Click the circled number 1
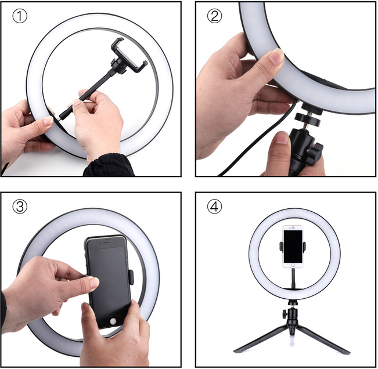[20, 16]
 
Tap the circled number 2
[215, 16]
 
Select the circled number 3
[20, 207]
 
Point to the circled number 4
[215, 207]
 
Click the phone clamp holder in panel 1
[128, 56]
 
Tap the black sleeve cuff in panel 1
[109, 165]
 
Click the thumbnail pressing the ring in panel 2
[276, 56]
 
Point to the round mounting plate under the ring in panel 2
[308, 119]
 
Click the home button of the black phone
[113, 321]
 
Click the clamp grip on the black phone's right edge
[131, 277]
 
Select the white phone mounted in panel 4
[293, 247]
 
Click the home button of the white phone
[293, 265]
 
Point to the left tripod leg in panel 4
[260, 339]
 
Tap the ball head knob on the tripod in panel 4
[285, 314]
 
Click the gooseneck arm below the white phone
[293, 278]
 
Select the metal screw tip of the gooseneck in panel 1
[59, 117]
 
